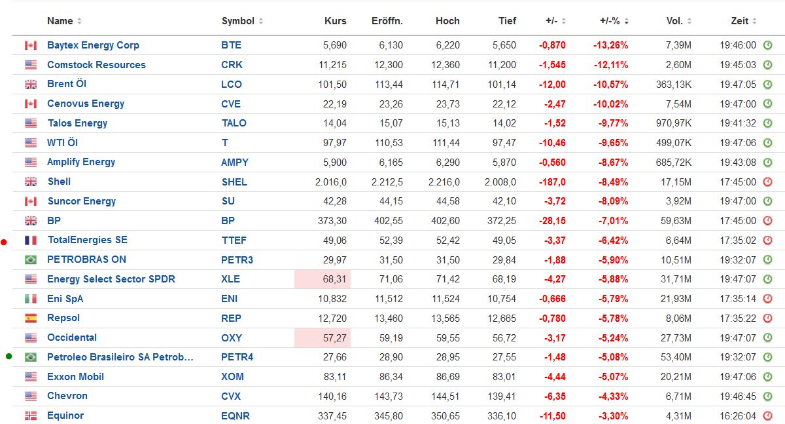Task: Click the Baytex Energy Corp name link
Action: (x=93, y=45)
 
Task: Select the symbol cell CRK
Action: (x=232, y=65)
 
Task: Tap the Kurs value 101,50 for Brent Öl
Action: (x=334, y=85)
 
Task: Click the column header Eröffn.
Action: (x=387, y=21)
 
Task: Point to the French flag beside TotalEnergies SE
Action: (x=31, y=241)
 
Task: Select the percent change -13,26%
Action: (x=610, y=45)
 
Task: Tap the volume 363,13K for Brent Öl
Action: (x=674, y=85)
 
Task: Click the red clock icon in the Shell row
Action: (x=768, y=182)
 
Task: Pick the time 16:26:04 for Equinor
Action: (x=738, y=416)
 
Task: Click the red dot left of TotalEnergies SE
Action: (x=4, y=242)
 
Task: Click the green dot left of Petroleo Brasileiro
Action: (x=9, y=357)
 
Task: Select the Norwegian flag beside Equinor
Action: (x=31, y=416)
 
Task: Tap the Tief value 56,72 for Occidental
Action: (x=502, y=338)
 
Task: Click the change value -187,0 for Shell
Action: (x=552, y=182)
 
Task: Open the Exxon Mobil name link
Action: (x=75, y=377)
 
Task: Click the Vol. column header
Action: (x=674, y=21)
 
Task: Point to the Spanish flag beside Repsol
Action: (x=31, y=318)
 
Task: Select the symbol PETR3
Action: (x=237, y=260)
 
